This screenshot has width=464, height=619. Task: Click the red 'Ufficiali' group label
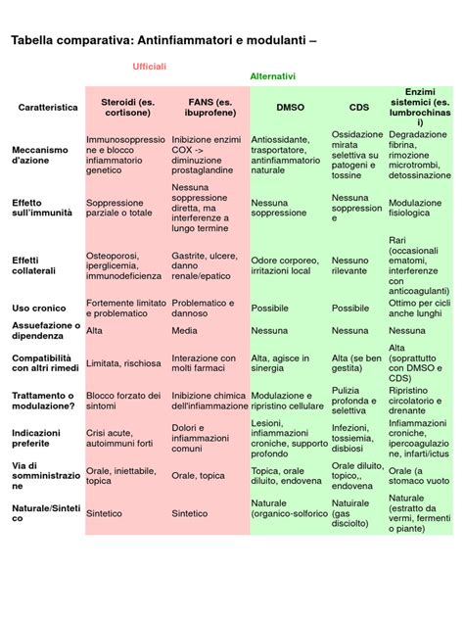click(149, 67)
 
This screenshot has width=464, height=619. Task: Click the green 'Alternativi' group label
click(273, 76)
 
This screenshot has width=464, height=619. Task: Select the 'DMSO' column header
click(291, 108)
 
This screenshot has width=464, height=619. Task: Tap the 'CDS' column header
click(359, 108)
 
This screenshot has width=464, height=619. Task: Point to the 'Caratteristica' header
click(48, 108)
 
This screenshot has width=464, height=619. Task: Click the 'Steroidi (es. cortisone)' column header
click(127, 108)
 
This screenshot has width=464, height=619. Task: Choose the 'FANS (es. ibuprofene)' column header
click(209, 108)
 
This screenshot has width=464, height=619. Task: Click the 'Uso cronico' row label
click(39, 309)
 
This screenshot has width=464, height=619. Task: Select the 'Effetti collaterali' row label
click(33, 265)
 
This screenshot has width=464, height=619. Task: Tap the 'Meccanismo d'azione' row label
click(40, 155)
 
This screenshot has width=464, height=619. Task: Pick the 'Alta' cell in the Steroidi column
click(94, 331)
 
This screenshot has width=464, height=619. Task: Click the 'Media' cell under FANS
click(184, 331)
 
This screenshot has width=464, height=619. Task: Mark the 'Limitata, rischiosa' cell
click(123, 363)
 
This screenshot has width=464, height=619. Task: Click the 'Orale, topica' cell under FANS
click(198, 476)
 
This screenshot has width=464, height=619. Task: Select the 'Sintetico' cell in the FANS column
click(189, 513)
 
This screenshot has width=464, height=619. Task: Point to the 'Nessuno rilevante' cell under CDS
click(350, 265)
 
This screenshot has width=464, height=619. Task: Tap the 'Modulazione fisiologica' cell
click(415, 208)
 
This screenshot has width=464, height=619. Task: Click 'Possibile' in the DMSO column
click(269, 309)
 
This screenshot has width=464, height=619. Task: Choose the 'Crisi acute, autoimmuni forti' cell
click(119, 438)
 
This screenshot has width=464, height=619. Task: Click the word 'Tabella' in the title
click(31, 40)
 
